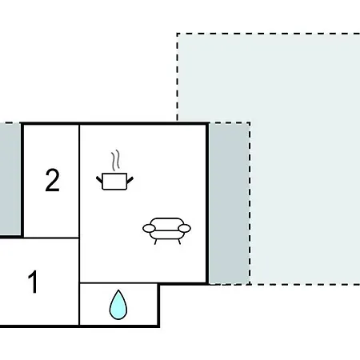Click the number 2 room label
click(x=52, y=180)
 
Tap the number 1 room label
click(x=33, y=282)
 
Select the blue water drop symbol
click(x=118, y=305)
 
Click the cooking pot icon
click(x=114, y=182)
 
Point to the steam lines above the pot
click(x=115, y=161)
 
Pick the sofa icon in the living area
click(x=166, y=231)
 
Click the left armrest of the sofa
click(x=149, y=229)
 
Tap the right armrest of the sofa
click(x=185, y=229)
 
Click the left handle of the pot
click(x=99, y=179)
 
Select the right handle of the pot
click(x=130, y=180)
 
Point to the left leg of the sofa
click(x=155, y=242)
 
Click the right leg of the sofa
click(x=179, y=242)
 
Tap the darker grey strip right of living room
click(x=229, y=204)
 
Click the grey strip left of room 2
click(x=10, y=179)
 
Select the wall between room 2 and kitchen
click(x=79, y=181)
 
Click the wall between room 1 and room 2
click(x=51, y=238)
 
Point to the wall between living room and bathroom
click(x=118, y=283)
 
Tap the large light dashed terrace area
click(x=304, y=160)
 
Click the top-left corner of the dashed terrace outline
click(x=177, y=34)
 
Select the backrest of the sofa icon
click(x=166, y=223)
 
